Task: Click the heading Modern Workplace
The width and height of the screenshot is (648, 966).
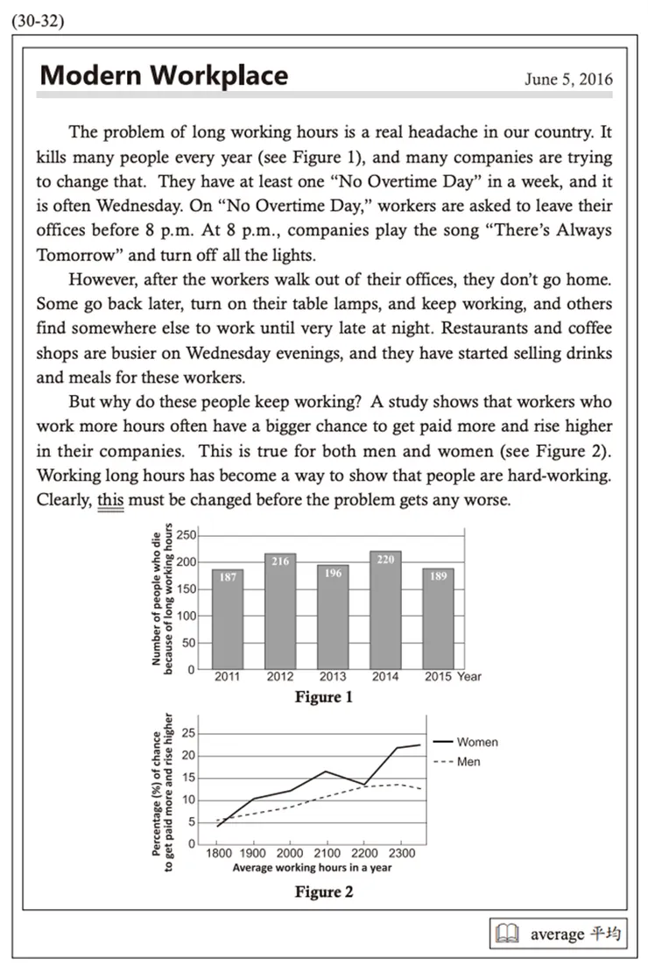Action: (x=164, y=75)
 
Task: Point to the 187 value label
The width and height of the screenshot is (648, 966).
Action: (x=227, y=578)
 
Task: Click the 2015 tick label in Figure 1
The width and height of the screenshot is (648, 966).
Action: (x=438, y=676)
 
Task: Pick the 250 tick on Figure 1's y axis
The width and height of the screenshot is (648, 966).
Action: (x=185, y=535)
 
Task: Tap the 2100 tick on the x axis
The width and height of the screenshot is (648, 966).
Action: (x=326, y=854)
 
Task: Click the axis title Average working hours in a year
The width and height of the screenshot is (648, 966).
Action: (x=312, y=868)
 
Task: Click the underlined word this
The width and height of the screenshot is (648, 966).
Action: (x=110, y=502)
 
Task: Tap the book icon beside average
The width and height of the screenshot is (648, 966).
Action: (x=507, y=934)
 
